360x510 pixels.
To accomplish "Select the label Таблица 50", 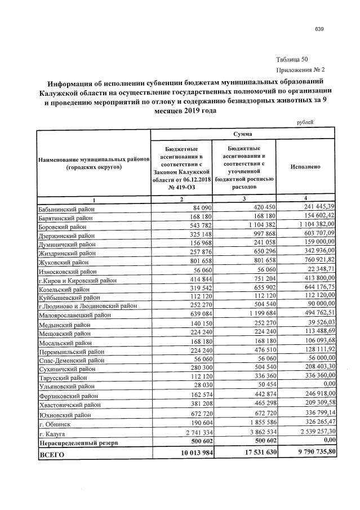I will click(x=292, y=60).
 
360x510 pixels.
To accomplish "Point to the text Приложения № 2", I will click(x=301, y=70).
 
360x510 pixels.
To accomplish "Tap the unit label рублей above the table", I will click(x=304, y=122).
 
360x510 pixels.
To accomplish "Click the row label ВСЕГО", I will click(x=51, y=454).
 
